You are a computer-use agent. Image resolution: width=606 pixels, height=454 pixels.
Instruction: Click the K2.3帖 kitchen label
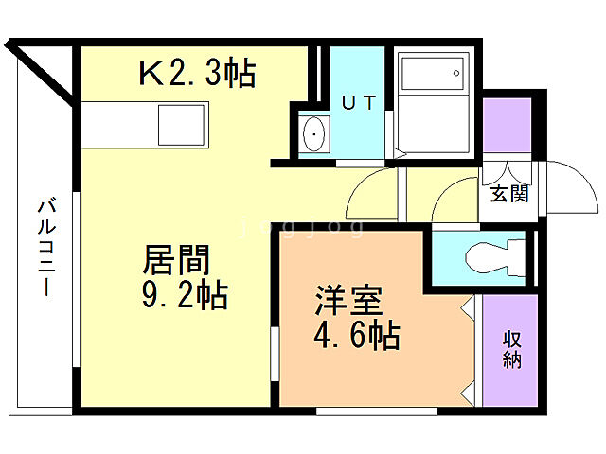[x=198, y=72]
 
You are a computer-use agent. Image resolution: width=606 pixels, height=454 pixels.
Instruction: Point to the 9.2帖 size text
[x=186, y=297]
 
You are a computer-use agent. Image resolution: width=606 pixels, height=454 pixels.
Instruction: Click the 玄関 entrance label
[x=509, y=195]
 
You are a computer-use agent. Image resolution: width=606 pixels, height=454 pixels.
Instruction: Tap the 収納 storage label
[x=512, y=351]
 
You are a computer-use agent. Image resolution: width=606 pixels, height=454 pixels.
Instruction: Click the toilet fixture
[x=492, y=256]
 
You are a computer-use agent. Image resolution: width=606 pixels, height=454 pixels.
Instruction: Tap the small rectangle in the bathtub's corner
[x=455, y=72]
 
